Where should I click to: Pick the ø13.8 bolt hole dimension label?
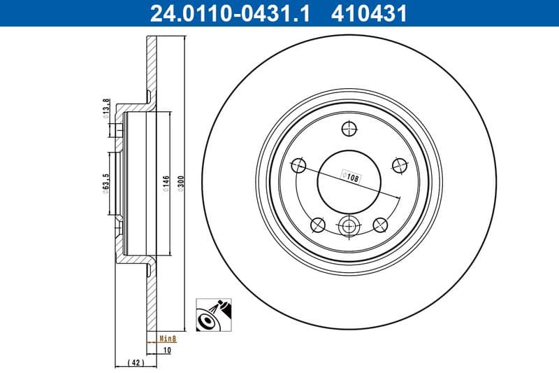[x=106, y=110]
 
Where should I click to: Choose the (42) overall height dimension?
[x=136, y=363]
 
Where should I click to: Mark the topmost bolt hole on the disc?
[x=349, y=129]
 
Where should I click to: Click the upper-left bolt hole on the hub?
[x=298, y=165]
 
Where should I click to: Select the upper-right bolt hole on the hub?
[x=400, y=165]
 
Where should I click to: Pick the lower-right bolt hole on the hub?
[x=381, y=224]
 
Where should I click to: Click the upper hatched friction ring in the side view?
[x=152, y=66]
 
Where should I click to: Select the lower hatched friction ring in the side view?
[x=152, y=301]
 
